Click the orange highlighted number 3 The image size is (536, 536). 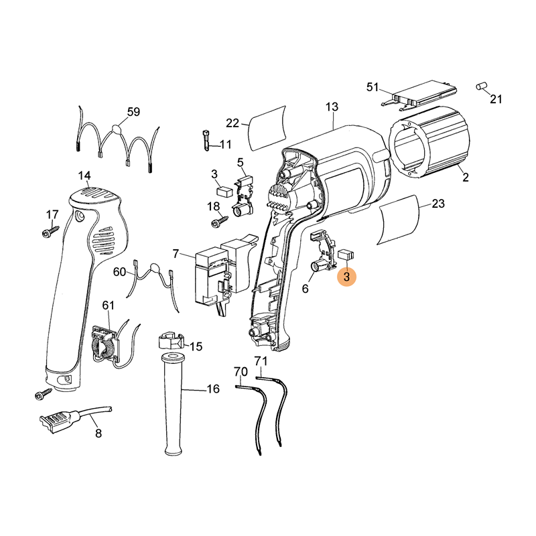[x=346, y=277]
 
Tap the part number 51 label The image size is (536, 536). [x=373, y=87]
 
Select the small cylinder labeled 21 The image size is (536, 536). [x=482, y=86]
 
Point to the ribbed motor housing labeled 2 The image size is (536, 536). [x=429, y=141]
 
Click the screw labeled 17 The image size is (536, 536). [x=50, y=231]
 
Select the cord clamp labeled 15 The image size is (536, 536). [x=171, y=340]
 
